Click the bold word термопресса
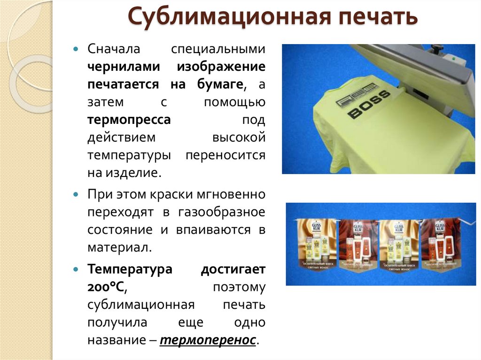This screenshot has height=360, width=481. coord(129,120)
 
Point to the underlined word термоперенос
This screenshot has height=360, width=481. coord(208,340)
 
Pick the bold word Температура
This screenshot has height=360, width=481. coord(130,270)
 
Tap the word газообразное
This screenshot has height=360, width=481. coord(221,212)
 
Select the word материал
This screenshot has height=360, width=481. coord(119,247)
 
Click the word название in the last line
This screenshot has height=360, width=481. coord(118,340)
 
